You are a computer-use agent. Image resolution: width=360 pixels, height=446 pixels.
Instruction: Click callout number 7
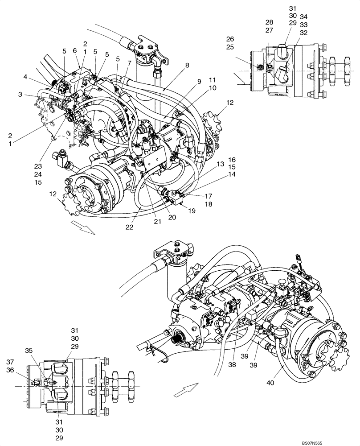pyautogui.click(x=129, y=63)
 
